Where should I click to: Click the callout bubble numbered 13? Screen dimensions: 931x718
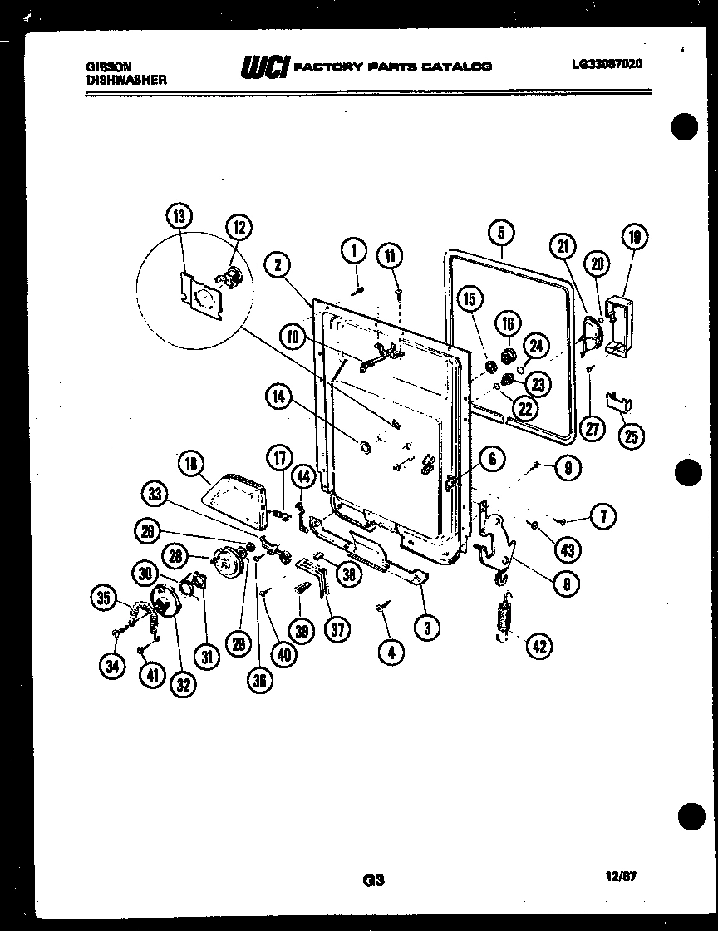(177, 218)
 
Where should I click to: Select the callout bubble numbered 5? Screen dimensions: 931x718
(501, 233)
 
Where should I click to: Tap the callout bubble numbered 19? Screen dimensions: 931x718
(636, 238)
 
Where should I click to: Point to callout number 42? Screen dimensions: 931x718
(540, 645)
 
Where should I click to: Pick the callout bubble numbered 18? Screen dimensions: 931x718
(192, 464)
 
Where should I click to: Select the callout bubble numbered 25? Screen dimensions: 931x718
(632, 436)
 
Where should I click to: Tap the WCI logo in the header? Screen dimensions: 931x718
(263, 66)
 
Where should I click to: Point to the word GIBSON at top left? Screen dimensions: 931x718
(106, 66)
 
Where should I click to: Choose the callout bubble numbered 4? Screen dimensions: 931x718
(391, 653)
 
